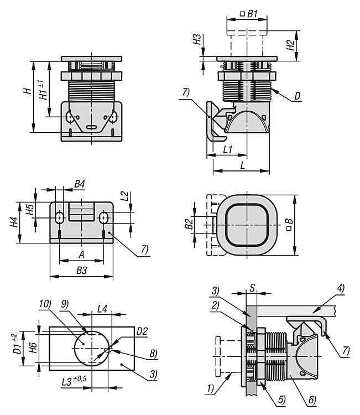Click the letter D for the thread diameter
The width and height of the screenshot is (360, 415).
coord(297,96)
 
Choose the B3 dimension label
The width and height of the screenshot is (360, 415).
coord(81,269)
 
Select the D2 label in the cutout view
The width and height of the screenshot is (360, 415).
coord(143,331)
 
